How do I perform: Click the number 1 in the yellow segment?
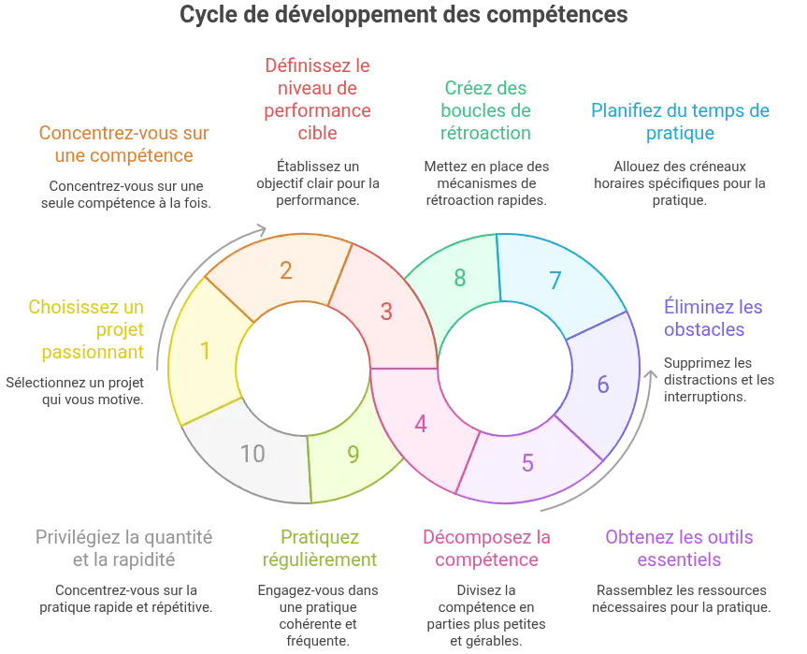[x=205, y=351]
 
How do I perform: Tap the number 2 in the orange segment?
[x=286, y=270]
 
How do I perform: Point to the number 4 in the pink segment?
[x=421, y=424]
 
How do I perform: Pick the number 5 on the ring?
[x=527, y=462]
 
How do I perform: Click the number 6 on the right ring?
[x=603, y=384]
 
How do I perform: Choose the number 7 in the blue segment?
[x=555, y=280]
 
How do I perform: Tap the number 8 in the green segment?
[x=460, y=277]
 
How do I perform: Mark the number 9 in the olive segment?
[x=353, y=454]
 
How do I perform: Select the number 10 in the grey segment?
[x=252, y=454]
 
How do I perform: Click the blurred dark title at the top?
[x=403, y=16]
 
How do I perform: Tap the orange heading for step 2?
[x=123, y=144]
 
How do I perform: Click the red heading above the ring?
[x=318, y=99]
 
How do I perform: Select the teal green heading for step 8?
[x=485, y=110]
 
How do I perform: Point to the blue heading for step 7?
[x=681, y=122]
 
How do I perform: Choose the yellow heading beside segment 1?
[x=89, y=329]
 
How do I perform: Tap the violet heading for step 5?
[x=680, y=548]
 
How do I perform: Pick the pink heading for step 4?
[x=485, y=548]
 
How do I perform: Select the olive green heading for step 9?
[x=319, y=548]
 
